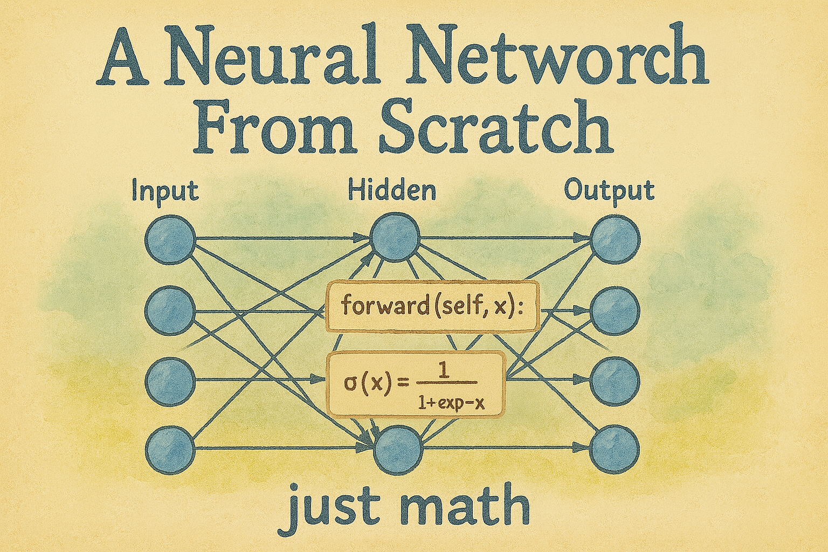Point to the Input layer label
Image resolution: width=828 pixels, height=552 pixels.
pos(165,192)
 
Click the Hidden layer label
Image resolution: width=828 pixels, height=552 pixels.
pos(392,191)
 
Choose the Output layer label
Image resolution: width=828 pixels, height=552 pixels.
pos(609,191)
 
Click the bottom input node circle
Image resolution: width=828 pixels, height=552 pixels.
pos(170,448)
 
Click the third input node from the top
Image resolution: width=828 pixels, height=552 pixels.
pos(170,380)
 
